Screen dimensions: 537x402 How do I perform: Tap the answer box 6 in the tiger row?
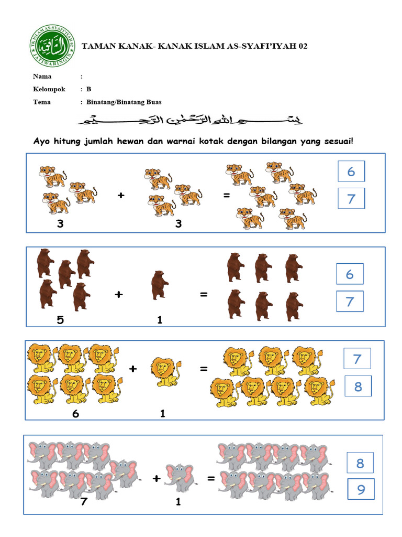click(351, 171)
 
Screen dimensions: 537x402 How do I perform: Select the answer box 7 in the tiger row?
click(351, 199)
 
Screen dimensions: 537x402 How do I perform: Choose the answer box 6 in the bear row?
click(350, 274)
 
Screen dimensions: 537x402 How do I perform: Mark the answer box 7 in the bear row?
click(350, 301)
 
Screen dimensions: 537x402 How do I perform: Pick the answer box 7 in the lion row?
click(358, 359)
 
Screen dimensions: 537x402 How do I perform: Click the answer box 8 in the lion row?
click(358, 387)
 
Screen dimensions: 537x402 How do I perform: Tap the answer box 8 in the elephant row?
click(360, 463)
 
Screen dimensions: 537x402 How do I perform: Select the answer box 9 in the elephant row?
click(361, 490)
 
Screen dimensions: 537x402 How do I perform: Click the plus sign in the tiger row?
click(121, 195)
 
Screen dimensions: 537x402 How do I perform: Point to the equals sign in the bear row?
click(204, 295)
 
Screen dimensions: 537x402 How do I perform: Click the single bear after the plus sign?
click(159, 285)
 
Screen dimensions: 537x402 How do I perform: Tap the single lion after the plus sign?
click(166, 371)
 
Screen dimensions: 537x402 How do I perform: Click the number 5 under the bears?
click(60, 319)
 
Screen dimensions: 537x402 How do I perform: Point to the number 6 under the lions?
click(75, 414)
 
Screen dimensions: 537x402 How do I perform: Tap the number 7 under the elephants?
click(83, 502)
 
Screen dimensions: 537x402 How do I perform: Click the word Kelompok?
click(49, 89)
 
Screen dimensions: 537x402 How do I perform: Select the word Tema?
click(42, 102)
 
